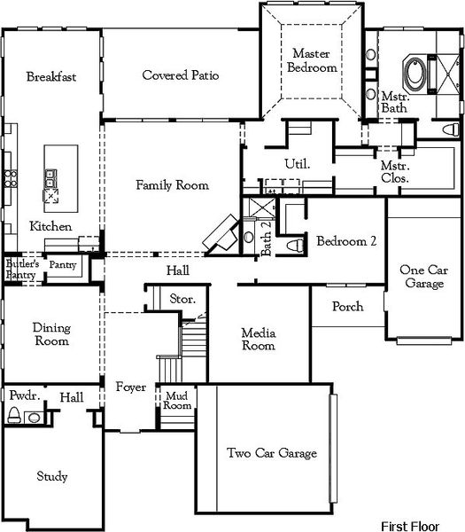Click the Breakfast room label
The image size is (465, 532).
click(x=50, y=76)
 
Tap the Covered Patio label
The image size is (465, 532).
click(x=181, y=75)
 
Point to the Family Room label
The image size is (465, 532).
click(x=172, y=185)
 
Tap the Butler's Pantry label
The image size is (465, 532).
click(x=22, y=269)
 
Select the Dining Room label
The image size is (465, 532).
click(x=51, y=334)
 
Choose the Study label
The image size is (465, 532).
click(x=52, y=477)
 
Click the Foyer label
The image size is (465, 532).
click(x=130, y=387)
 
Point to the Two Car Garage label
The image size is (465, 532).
click(x=272, y=453)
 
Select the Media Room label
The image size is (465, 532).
click(x=259, y=340)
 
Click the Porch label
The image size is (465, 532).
click(x=347, y=307)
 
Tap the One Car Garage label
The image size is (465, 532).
click(x=422, y=277)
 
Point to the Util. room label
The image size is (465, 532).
click(x=295, y=164)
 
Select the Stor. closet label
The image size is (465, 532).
click(x=182, y=300)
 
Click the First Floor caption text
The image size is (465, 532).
click(x=410, y=525)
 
